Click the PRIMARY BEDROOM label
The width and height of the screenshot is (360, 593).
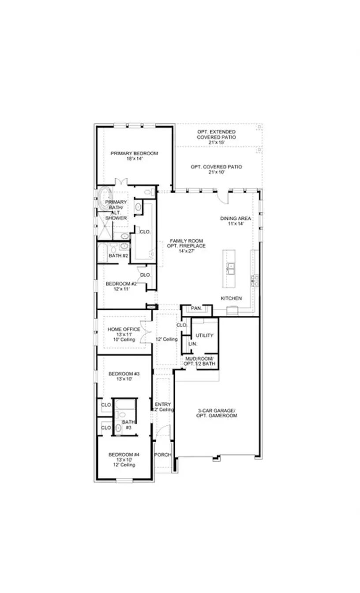pos(134,154)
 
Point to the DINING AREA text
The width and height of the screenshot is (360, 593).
pos(236,218)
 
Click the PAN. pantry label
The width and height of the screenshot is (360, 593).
pos(196,308)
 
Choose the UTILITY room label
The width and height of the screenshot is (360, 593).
pos(204,335)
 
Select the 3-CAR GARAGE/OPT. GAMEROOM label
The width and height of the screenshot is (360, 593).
pos(216,413)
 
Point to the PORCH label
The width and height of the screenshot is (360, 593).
pos(162,455)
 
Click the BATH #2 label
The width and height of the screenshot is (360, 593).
pos(118,255)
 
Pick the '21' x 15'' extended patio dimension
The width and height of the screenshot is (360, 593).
pos(216,143)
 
